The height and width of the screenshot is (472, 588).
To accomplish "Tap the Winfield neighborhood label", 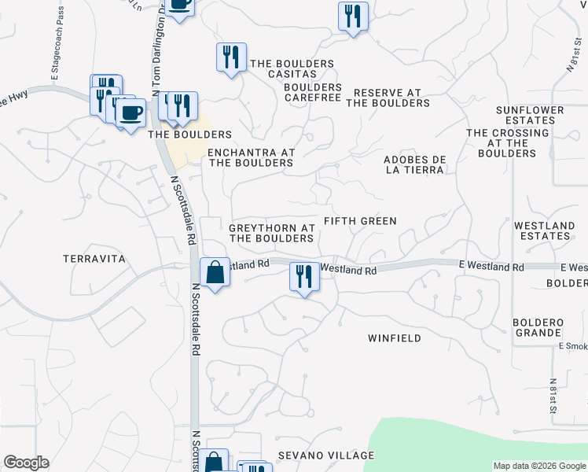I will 395,338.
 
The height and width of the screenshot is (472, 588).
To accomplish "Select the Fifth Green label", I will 361,221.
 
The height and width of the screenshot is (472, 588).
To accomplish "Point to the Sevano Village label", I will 325,456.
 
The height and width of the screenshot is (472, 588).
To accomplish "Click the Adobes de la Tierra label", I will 415,164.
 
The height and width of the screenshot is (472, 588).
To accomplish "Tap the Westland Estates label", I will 544,231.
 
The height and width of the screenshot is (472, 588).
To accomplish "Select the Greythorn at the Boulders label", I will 272,233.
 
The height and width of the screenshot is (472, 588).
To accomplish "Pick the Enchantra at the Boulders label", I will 250,157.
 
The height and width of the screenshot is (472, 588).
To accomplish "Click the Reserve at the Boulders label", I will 388,98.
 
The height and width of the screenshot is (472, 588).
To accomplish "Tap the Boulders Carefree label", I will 313,92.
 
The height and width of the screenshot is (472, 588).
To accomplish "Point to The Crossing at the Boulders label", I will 507,143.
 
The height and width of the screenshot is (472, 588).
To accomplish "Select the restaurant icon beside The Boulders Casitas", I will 231,57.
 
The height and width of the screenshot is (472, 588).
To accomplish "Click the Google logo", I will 26,463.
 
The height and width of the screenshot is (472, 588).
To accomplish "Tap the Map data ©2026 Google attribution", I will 539,466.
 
